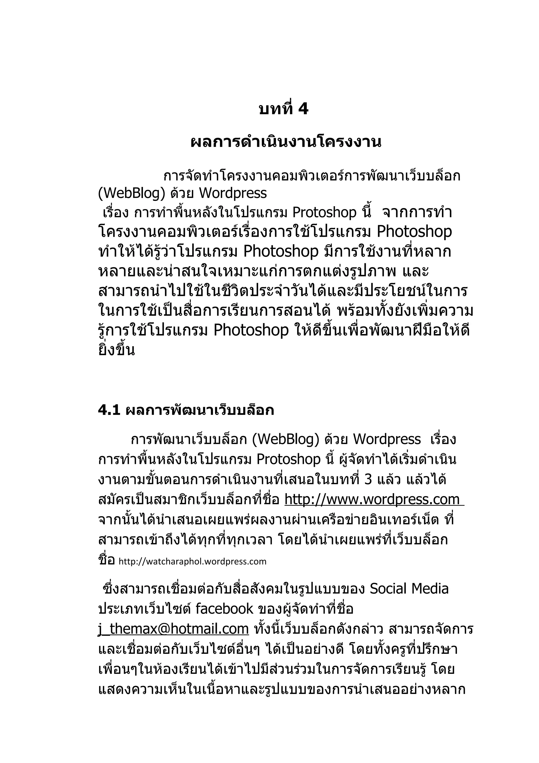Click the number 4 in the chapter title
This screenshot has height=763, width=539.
(x=303, y=109)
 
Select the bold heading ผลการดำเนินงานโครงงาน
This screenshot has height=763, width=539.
(x=286, y=142)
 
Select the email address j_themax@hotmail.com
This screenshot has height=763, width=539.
(x=173, y=629)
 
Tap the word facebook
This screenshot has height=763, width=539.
(x=224, y=609)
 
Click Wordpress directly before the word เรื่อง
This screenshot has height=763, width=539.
(x=387, y=439)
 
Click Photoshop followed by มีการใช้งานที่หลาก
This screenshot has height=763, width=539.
(x=281, y=251)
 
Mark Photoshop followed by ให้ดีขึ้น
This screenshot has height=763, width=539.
(x=251, y=330)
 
